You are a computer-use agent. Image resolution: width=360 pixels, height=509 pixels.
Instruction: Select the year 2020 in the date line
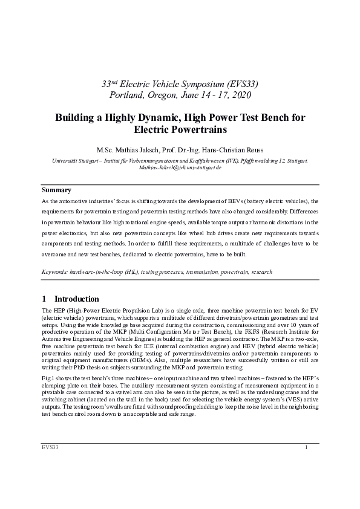(238, 95)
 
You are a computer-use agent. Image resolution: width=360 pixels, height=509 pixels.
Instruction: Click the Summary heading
(56, 190)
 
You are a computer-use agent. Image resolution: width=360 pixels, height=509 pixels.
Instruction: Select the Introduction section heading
(76, 299)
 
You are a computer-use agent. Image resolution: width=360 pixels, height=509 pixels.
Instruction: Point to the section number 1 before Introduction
(44, 299)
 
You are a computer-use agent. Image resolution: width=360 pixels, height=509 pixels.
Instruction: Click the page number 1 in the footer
(306, 447)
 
